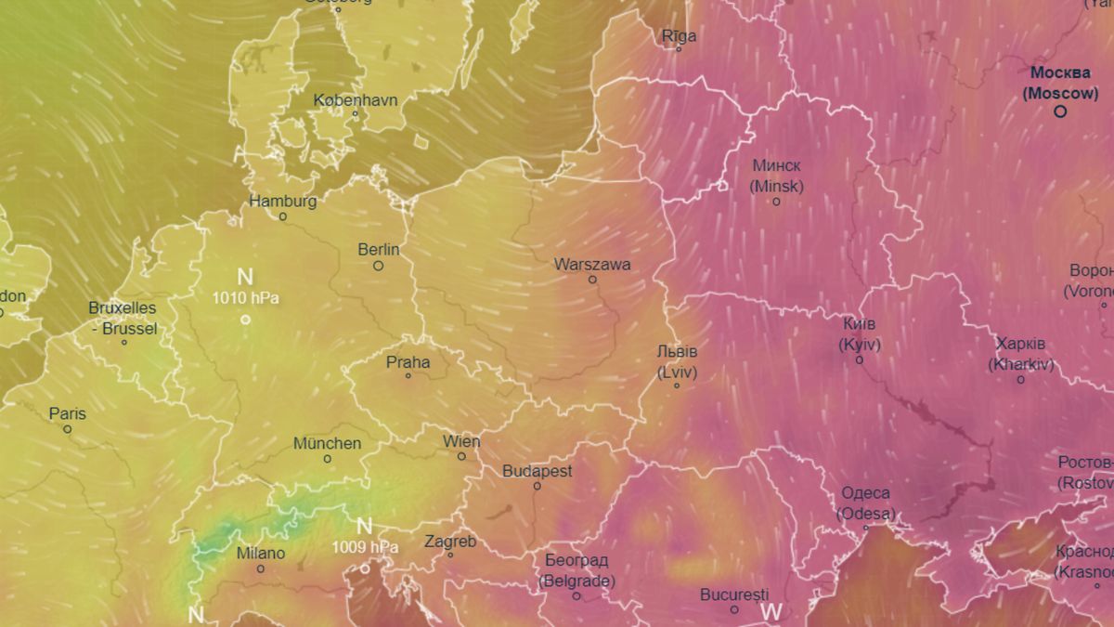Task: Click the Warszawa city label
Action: click(x=592, y=265)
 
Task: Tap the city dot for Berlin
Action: click(x=378, y=266)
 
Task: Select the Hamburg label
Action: click(x=283, y=202)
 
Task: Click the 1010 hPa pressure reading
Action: click(x=245, y=298)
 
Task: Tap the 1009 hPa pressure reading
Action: click(x=365, y=547)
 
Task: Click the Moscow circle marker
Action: click(x=1060, y=111)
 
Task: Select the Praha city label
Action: click(x=408, y=362)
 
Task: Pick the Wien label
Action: click(x=461, y=441)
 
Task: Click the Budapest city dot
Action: click(x=537, y=486)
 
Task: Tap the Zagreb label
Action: click(x=450, y=541)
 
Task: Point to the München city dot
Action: click(x=327, y=459)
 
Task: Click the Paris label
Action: click(x=67, y=414)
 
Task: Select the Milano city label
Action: click(x=261, y=554)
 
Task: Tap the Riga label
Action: click(x=679, y=36)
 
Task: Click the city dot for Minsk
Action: click(x=776, y=202)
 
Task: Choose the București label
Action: click(x=734, y=594)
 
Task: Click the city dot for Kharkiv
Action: click(x=1021, y=379)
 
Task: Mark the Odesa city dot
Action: click(x=865, y=528)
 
